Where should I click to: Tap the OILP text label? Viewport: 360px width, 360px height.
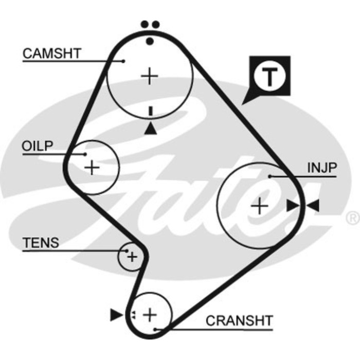[37, 146]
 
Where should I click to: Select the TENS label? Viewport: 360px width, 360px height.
[41, 243]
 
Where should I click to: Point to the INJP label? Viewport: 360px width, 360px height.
[321, 168]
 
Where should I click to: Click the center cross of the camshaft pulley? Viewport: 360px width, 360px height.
[150, 76]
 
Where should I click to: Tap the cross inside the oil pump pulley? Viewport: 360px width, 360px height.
[92, 167]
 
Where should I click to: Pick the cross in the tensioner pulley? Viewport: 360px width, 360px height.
[132, 256]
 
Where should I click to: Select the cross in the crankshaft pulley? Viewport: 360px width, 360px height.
[149, 314]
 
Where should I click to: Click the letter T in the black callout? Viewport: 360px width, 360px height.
[269, 77]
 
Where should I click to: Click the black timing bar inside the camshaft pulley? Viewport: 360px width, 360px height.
[150, 111]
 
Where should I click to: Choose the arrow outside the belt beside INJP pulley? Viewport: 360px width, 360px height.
[313, 206]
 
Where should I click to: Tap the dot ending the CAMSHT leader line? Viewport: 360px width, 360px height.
[124, 61]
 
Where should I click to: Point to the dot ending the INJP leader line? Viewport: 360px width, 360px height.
[269, 176]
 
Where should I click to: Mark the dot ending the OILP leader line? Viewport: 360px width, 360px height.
[85, 153]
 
